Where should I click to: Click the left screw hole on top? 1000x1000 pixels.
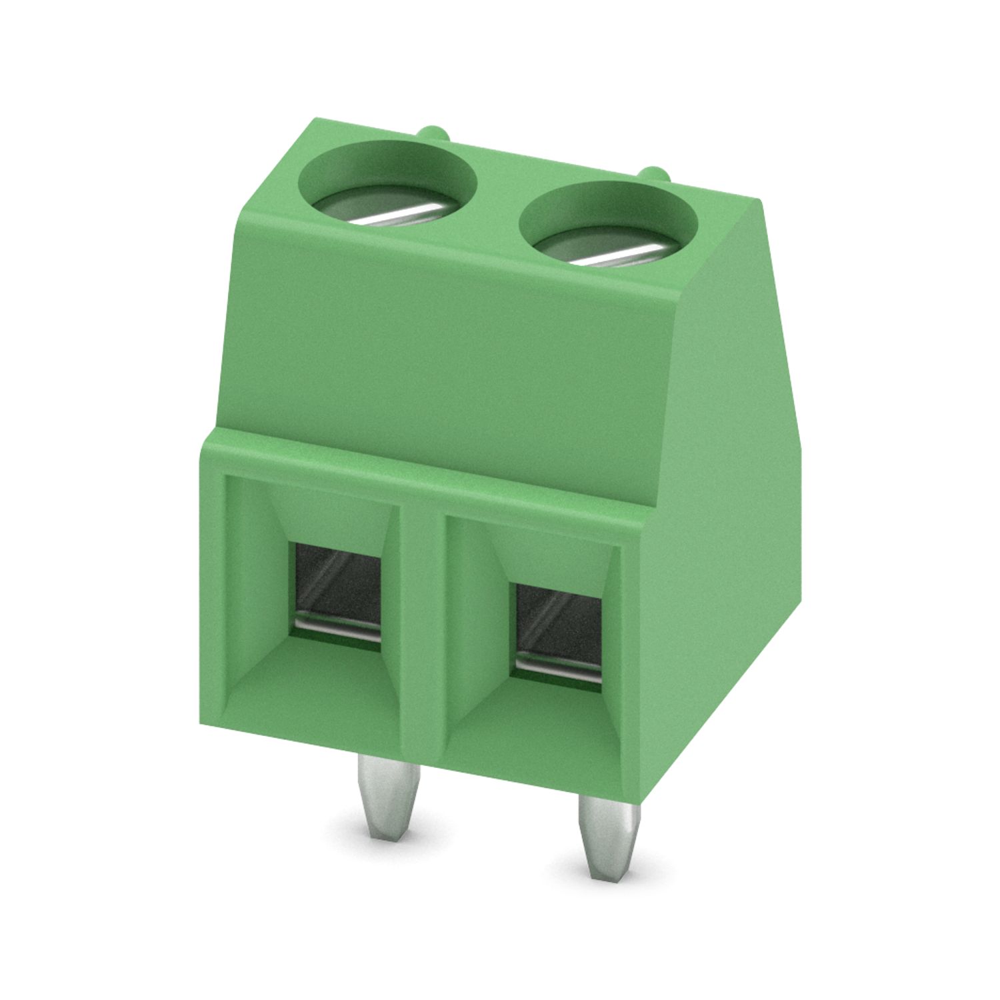(x=389, y=187)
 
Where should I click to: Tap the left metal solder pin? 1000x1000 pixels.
(x=389, y=793)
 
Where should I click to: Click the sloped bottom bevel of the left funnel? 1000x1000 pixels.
(x=320, y=680)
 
